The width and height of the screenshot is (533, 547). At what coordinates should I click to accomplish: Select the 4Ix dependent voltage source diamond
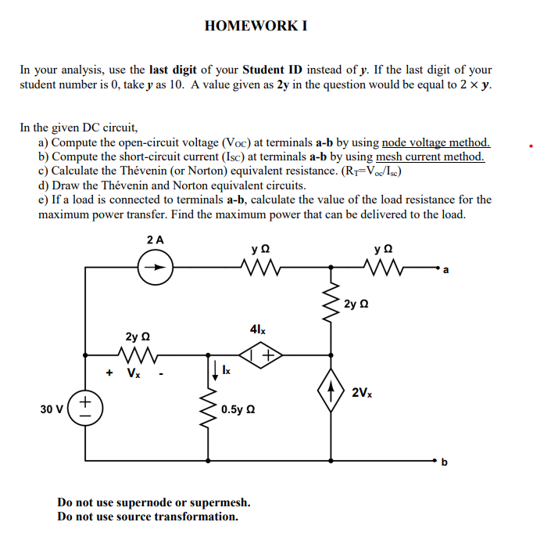(258, 358)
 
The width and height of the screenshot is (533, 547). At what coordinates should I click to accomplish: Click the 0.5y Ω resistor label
(241, 408)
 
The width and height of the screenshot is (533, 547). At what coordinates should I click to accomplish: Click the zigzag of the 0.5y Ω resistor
(209, 409)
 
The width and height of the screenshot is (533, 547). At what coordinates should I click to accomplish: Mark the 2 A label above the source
(155, 239)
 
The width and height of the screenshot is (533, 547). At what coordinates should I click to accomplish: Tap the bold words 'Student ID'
(274, 69)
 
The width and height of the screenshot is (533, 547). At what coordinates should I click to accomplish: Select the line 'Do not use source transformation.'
(148, 516)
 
